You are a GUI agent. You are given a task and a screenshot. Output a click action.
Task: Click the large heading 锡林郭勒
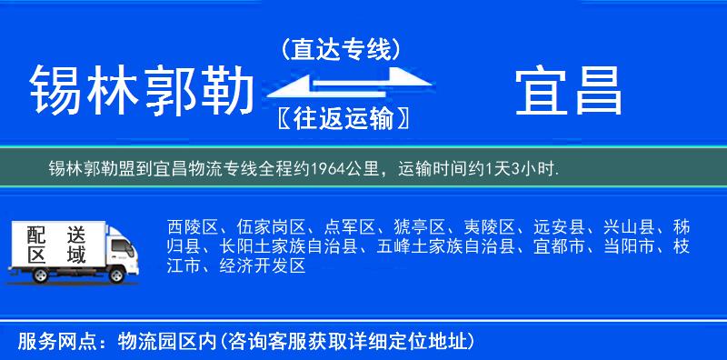141,93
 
